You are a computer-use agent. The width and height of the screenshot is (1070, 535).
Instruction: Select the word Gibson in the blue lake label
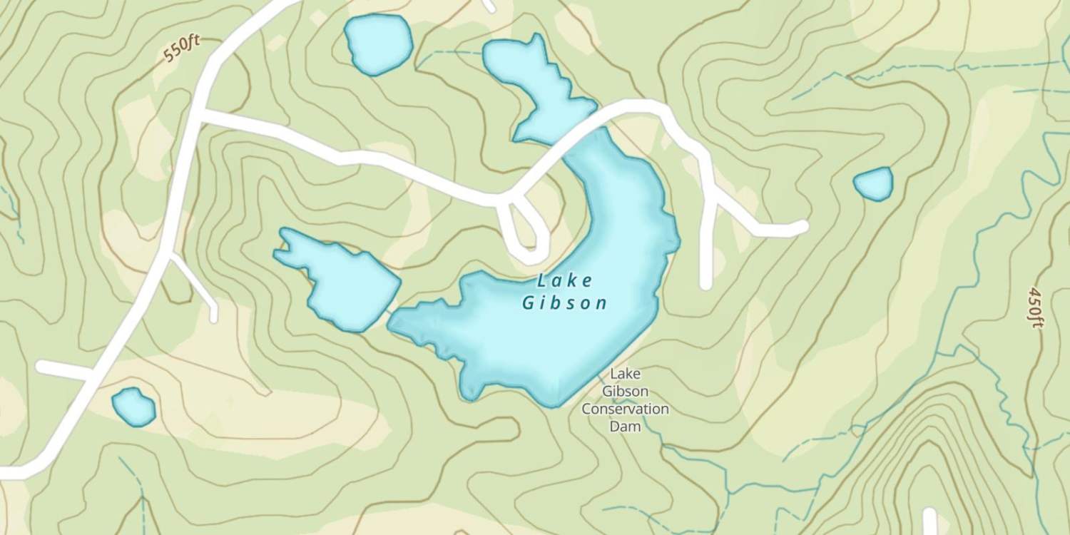(x=564, y=303)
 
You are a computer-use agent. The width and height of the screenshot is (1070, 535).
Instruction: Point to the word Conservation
(x=625, y=409)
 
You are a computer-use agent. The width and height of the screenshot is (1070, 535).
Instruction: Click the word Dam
(x=625, y=427)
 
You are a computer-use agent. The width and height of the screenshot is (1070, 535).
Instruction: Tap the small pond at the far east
(x=873, y=184)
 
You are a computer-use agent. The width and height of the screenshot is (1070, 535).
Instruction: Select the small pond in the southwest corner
(x=133, y=407)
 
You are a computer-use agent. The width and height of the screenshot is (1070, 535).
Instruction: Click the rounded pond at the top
(x=378, y=44)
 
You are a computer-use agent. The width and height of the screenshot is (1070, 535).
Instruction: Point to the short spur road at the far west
(x=61, y=370)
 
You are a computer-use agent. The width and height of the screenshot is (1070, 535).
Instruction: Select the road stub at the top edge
(x=488, y=5)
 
